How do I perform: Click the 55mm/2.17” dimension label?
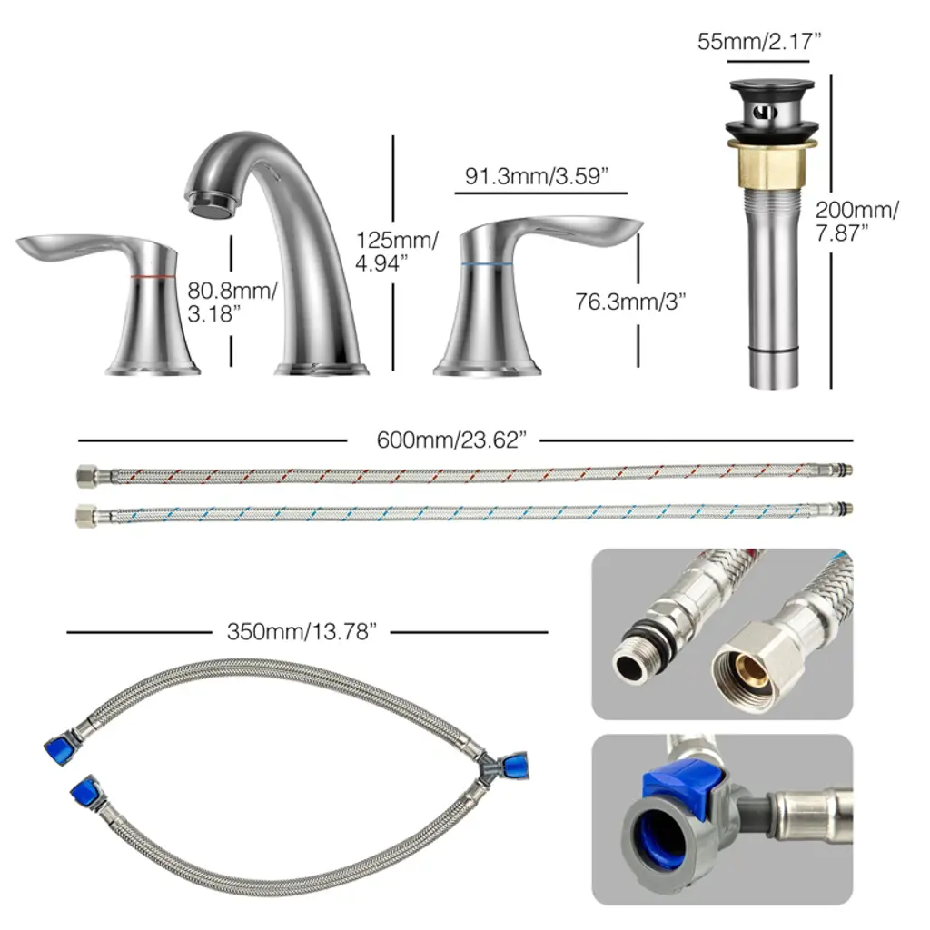758,42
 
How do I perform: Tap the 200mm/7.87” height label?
856,222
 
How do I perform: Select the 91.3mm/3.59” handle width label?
537,176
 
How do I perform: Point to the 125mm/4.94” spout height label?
397,252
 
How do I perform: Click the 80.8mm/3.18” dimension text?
232,302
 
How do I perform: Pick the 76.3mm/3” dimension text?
630,302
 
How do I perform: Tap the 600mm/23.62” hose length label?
451,440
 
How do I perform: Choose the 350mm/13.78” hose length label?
302,632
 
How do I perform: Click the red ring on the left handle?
153,276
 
